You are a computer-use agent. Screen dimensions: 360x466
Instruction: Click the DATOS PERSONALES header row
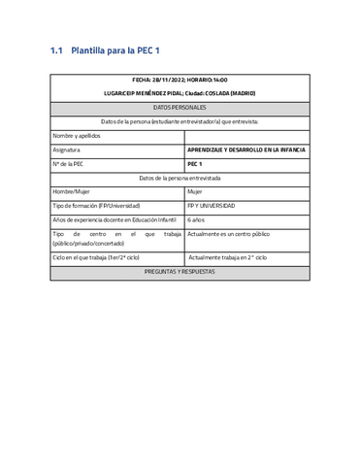coord(180,108)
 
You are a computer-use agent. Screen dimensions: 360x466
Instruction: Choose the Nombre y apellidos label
coord(78,136)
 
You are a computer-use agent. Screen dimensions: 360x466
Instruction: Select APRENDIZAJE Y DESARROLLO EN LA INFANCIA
coord(246,150)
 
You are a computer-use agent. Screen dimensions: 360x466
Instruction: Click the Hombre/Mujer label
coord(73,192)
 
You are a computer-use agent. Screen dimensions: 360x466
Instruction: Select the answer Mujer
coord(195,192)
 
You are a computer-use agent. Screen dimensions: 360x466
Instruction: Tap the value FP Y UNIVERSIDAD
coord(211,206)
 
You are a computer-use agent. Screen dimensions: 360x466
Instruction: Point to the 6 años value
coord(197,220)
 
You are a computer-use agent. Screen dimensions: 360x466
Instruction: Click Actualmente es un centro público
coord(229,234)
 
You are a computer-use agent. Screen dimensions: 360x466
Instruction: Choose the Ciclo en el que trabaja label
coord(96,257)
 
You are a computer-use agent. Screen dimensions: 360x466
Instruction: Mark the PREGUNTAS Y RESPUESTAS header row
coord(180,272)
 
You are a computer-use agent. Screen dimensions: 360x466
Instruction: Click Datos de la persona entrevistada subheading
coord(180,179)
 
